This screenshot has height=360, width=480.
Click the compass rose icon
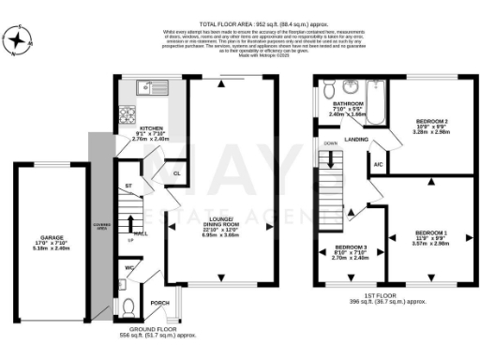point(21,41)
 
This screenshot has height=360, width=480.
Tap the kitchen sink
point(145,90)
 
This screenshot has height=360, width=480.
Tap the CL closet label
point(176,173)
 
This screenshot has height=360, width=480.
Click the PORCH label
point(160,302)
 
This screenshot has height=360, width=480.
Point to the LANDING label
point(355,140)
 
